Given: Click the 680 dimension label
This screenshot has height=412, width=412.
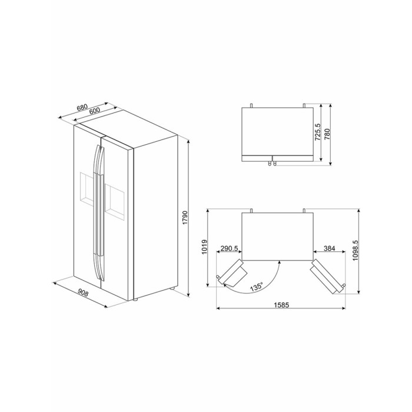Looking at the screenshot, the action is pos(82,108).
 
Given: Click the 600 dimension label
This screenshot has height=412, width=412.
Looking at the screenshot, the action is pos(94,111).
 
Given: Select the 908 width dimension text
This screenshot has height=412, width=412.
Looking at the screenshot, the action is pos(83,293).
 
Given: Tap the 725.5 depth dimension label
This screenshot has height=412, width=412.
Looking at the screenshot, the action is pos(318,132).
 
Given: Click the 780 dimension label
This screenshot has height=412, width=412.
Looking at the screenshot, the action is pos(327,134).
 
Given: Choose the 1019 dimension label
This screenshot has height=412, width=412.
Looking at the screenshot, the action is pos(204,247).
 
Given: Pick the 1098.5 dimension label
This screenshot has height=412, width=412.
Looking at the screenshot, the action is pos(355,250).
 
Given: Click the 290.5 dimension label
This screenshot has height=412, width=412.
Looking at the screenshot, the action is pos(229,248).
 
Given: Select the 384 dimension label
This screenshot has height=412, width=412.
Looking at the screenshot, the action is pos(329,248).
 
